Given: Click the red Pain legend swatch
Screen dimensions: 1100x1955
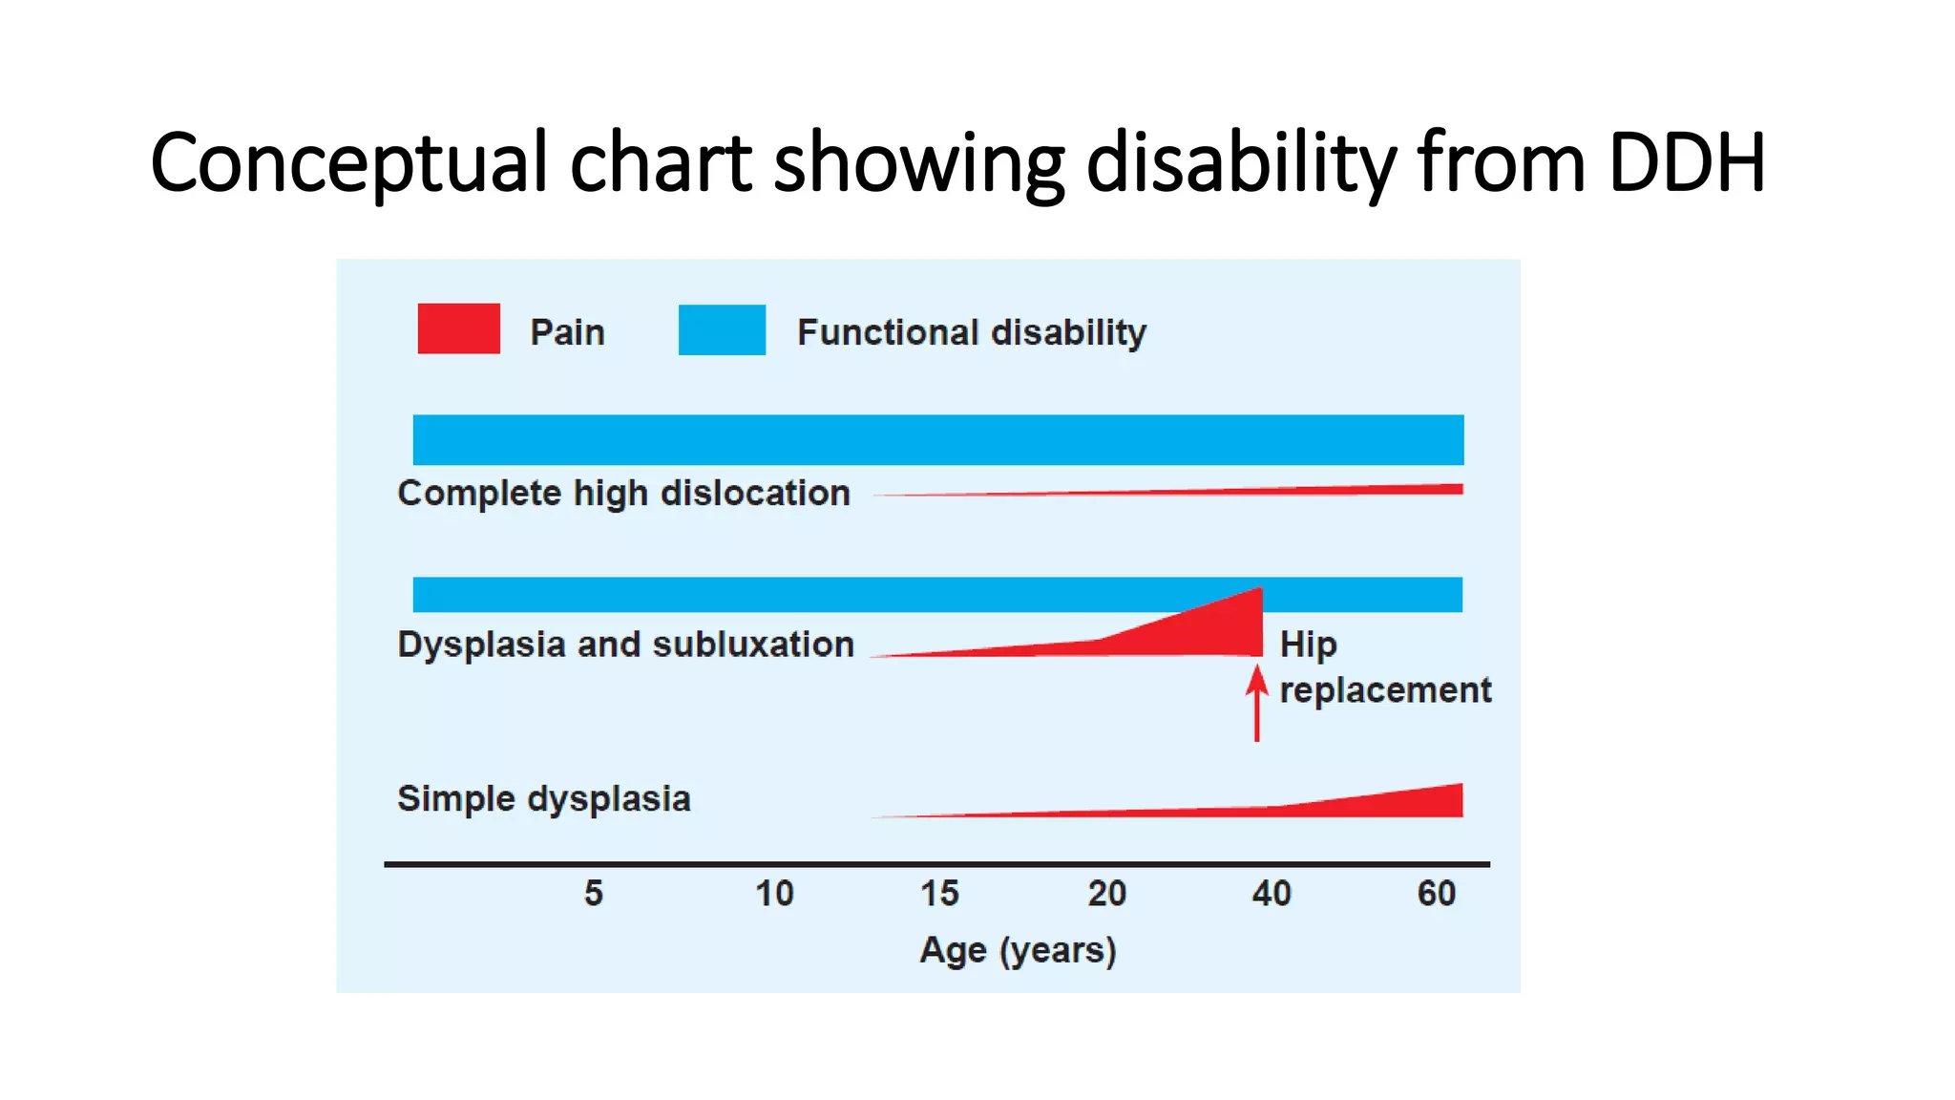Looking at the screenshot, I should [458, 328].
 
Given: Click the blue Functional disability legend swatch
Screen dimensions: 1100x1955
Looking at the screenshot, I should [722, 329].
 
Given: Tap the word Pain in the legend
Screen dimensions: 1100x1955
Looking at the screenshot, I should [567, 332].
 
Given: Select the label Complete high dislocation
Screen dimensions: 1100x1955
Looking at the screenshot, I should [623, 493].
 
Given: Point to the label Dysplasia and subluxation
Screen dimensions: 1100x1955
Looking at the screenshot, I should [625, 645].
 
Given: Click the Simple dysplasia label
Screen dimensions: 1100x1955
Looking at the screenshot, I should [543, 798].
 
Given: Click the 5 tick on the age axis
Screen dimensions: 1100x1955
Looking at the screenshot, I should [594, 893].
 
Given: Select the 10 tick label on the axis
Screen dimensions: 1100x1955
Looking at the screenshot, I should [774, 893].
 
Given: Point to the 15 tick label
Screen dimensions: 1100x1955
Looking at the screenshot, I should [939, 893].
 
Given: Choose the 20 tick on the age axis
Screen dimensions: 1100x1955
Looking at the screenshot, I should [1107, 893].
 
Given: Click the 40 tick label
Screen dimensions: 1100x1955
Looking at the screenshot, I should [1272, 893].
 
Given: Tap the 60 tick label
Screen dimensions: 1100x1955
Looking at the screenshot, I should [1436, 893].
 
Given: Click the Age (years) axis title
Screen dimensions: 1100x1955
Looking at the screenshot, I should [1018, 950].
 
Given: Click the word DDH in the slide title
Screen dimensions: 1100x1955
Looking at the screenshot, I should [1686, 162].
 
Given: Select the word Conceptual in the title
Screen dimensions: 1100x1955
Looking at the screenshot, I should [348, 162].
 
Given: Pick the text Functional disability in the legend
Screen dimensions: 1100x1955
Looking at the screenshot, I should [971, 332].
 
